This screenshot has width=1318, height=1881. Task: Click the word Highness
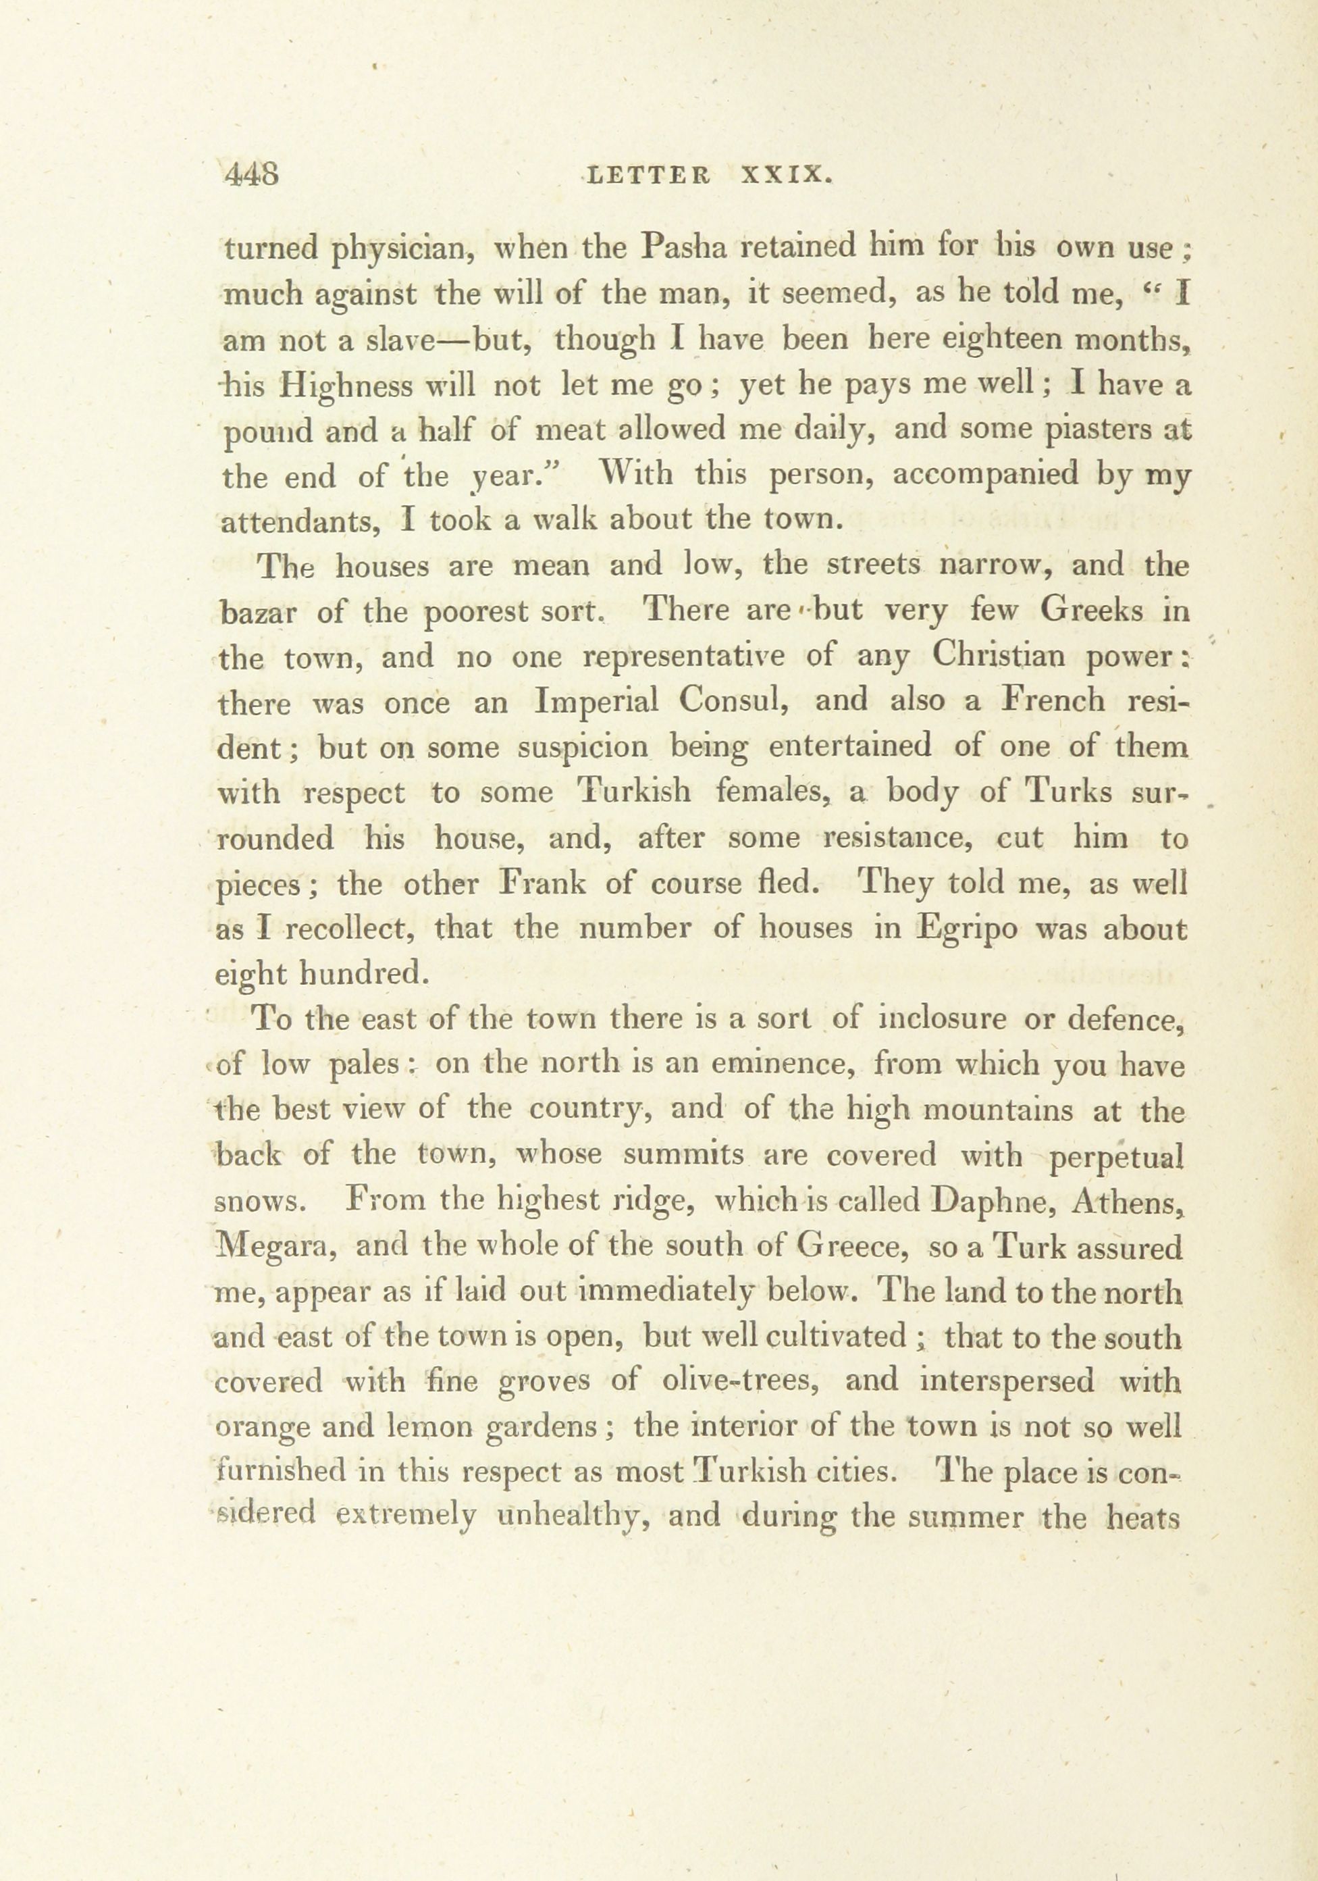tap(344, 385)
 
